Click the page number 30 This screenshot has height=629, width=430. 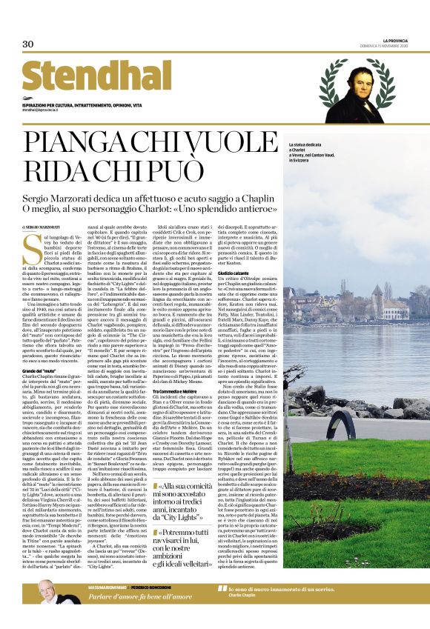point(28,44)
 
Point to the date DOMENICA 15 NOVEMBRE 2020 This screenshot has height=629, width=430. point(394,46)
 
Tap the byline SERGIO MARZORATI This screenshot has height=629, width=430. point(44,246)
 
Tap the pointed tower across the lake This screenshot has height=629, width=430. point(386,291)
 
